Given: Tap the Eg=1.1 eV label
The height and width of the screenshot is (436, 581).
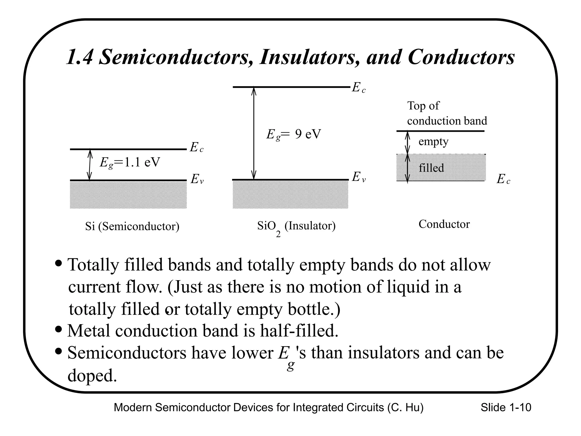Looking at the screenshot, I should pyautogui.click(x=130, y=163).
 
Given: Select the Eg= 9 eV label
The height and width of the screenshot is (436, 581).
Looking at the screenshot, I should pyautogui.click(x=293, y=134).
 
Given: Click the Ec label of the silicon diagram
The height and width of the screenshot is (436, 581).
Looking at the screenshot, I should pyautogui.click(x=196, y=148).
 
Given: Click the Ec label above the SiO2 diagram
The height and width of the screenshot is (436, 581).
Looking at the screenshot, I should pyautogui.click(x=359, y=88).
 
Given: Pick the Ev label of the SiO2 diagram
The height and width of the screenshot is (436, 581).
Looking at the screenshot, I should pyautogui.click(x=359, y=177).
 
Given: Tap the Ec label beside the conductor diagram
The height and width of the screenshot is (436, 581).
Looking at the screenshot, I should pyautogui.click(x=503, y=179).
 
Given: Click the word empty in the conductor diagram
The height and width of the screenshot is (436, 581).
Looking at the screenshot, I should pyautogui.click(x=433, y=142).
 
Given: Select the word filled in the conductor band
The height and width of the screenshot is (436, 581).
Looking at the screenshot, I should pyautogui.click(x=431, y=168).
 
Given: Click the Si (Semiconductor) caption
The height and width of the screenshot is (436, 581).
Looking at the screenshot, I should pyautogui.click(x=132, y=227).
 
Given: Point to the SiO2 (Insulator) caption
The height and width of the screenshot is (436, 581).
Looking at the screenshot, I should pyautogui.click(x=296, y=227).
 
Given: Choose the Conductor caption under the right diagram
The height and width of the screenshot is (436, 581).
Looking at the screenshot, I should pyautogui.click(x=444, y=224).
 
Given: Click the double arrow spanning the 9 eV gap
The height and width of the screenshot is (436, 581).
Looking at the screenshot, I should pyautogui.click(x=254, y=133).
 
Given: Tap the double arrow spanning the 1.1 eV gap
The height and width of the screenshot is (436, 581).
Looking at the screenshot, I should pyautogui.click(x=90, y=165).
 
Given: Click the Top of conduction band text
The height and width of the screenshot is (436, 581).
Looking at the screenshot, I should pyautogui.click(x=447, y=113).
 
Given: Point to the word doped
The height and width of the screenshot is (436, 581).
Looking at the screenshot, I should pyautogui.click(x=92, y=376).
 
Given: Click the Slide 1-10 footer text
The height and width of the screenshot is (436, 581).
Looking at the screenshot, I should pyautogui.click(x=506, y=408).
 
